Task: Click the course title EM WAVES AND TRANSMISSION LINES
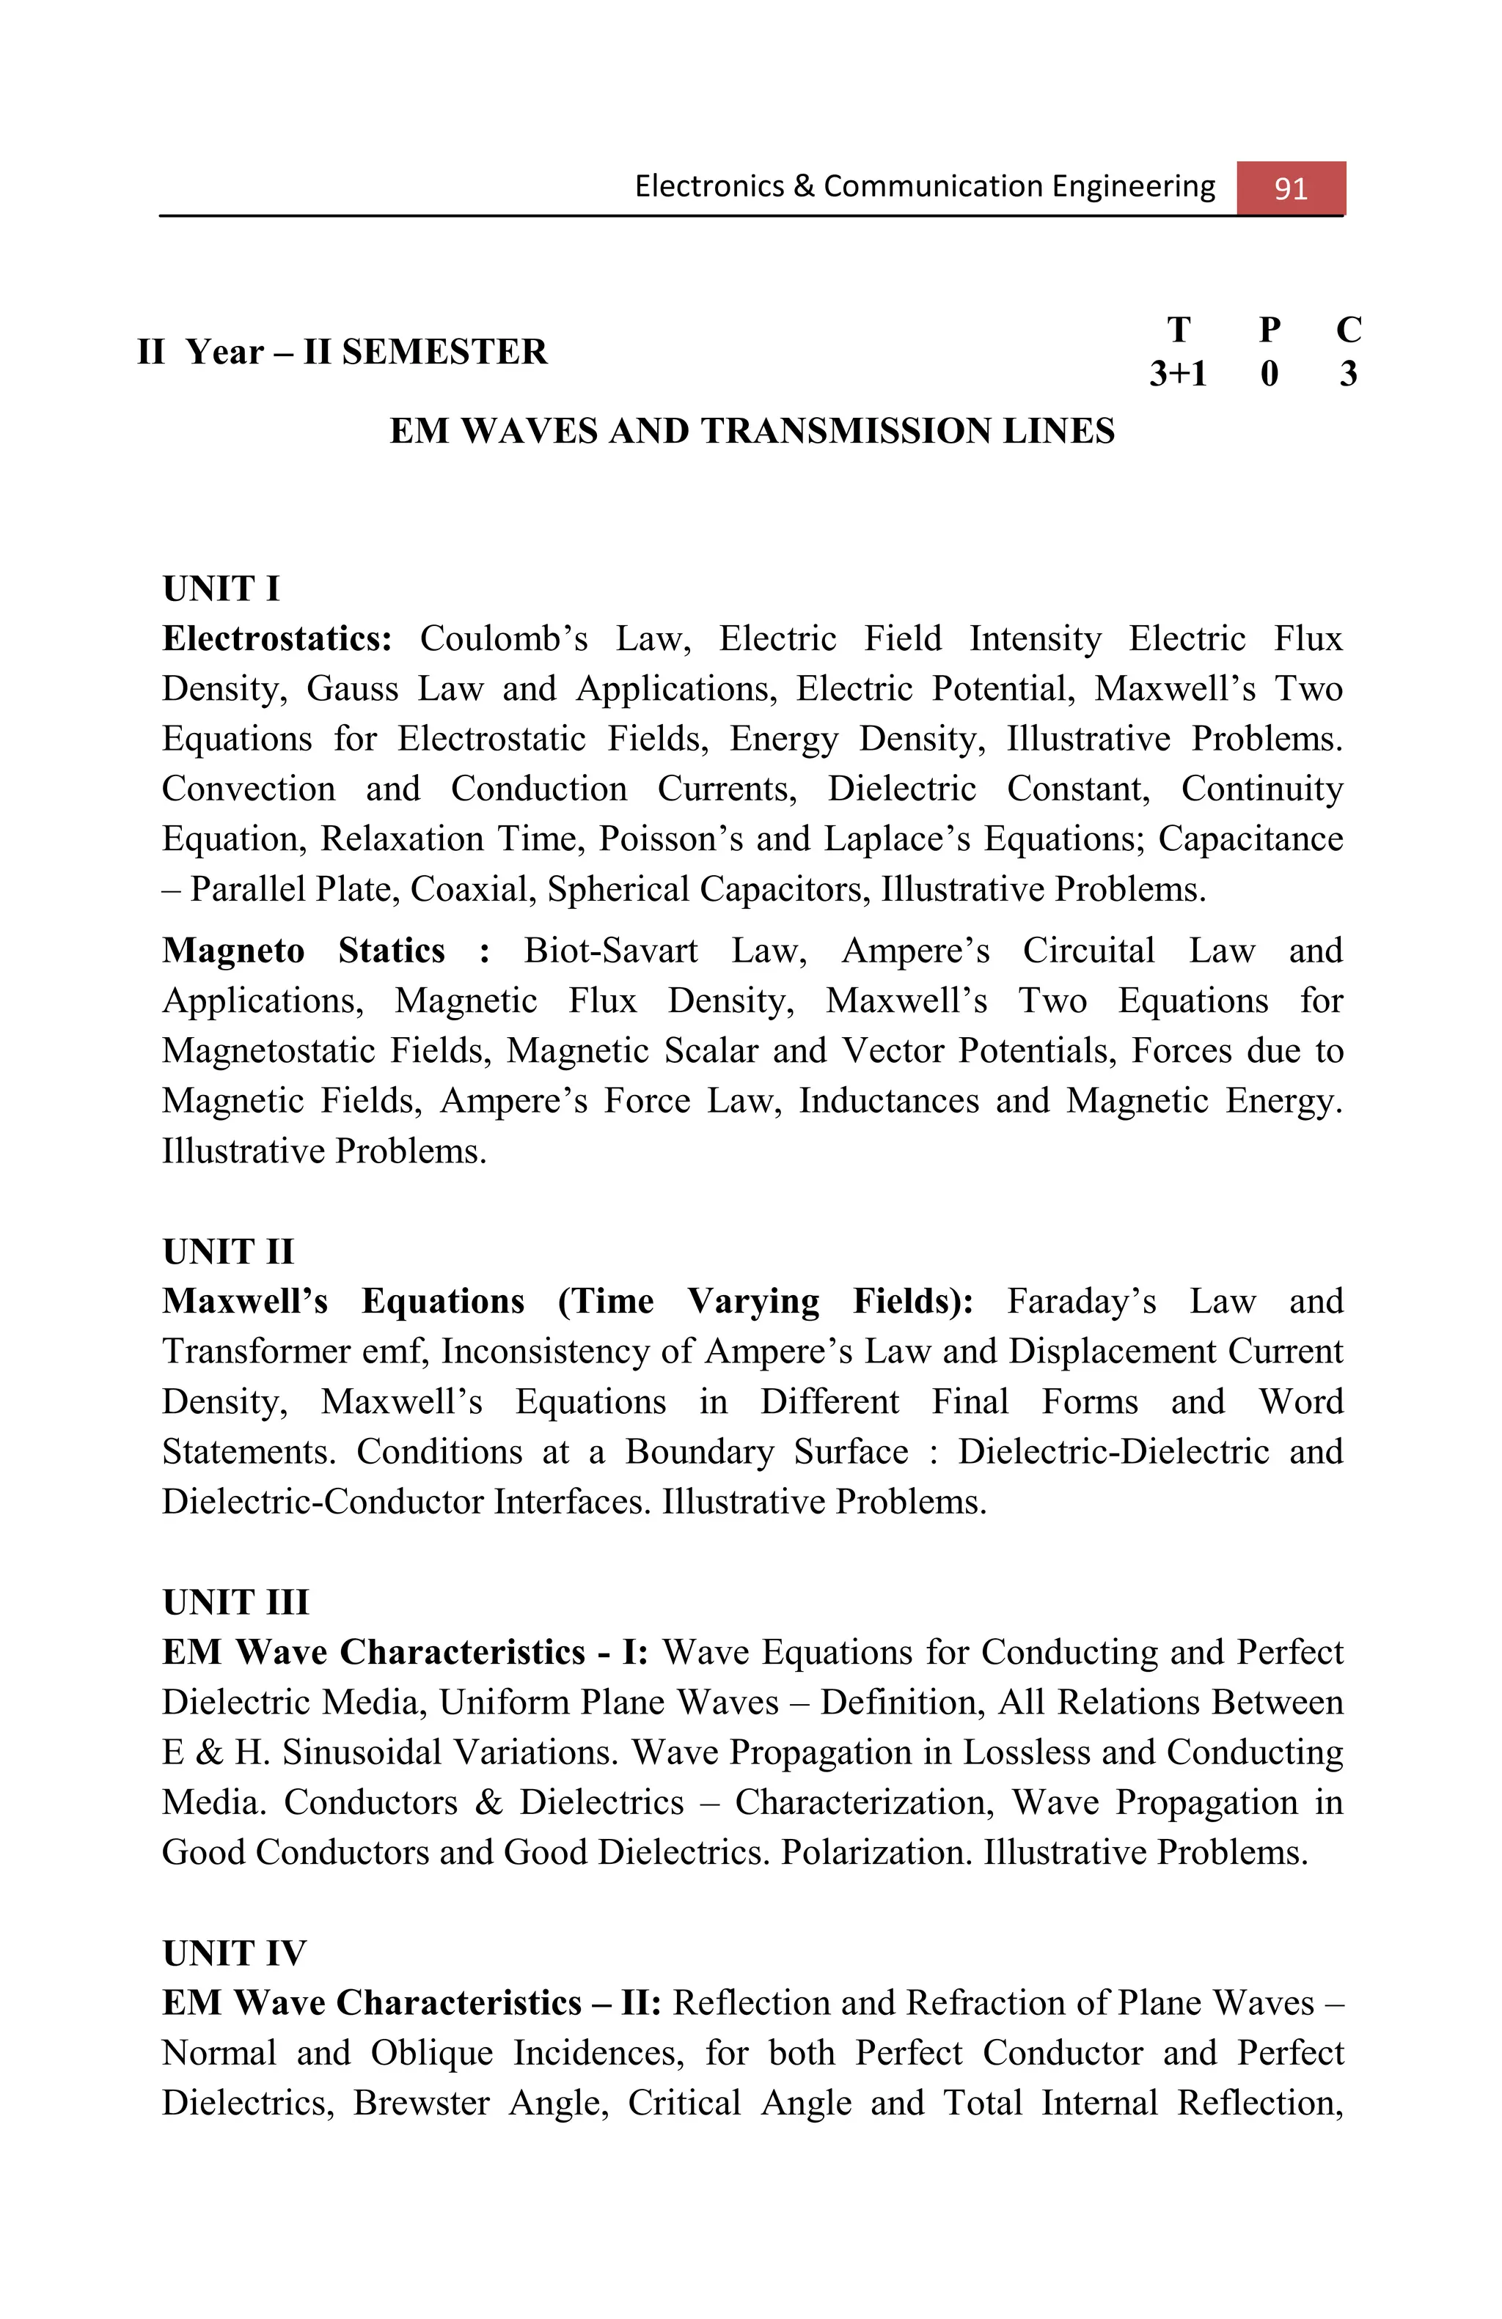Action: (x=752, y=431)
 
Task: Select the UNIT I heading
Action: (x=221, y=589)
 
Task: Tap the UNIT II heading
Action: (x=228, y=1251)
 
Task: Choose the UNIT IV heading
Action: (x=234, y=1953)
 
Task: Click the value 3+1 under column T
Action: (x=1177, y=373)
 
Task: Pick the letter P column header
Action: (x=1269, y=331)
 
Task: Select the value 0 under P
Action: (x=1269, y=373)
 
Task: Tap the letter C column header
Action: (x=1348, y=331)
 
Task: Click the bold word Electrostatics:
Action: (x=276, y=638)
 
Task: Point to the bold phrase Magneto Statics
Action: (x=303, y=950)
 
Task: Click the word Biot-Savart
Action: (x=611, y=950)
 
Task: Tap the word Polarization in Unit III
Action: (x=877, y=1851)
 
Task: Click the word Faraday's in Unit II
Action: (x=1082, y=1301)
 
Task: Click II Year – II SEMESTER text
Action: (x=342, y=352)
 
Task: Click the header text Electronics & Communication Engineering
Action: (x=925, y=186)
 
